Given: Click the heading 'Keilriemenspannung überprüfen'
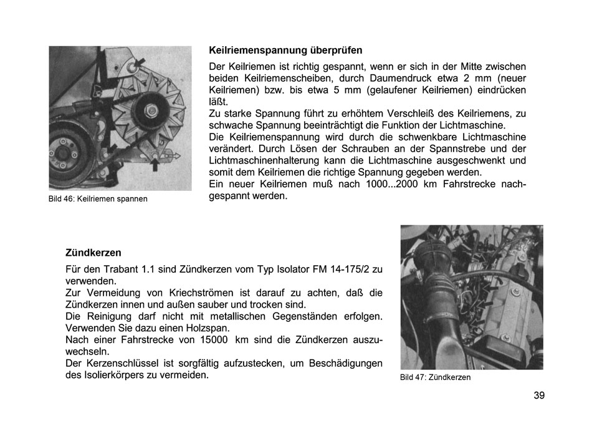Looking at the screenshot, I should pyautogui.click(x=285, y=50).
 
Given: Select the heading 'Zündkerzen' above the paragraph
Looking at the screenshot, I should pyautogui.click(x=93, y=253).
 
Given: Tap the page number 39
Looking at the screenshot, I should pyautogui.click(x=539, y=395).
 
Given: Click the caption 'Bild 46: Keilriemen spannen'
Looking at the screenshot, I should pyautogui.click(x=98, y=199).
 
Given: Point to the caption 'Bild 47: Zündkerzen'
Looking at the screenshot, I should pyautogui.click(x=435, y=377).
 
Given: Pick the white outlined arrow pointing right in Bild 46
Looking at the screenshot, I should pyautogui.click(x=174, y=154).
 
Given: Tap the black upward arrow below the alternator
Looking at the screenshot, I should pyautogui.click(x=153, y=164).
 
